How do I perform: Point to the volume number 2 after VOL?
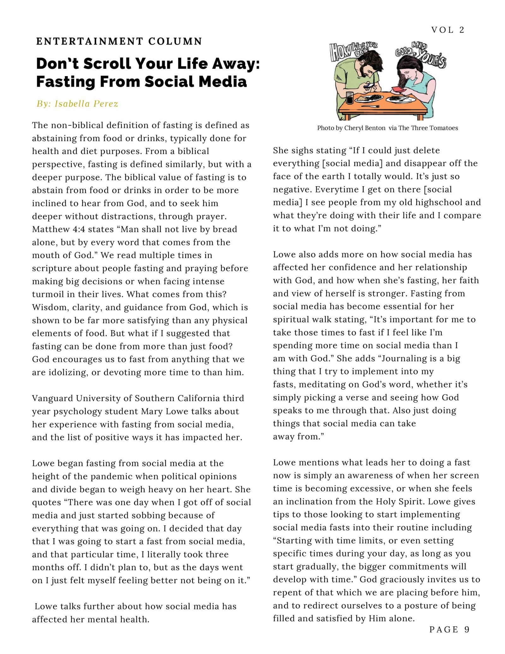pyautogui.click(x=462, y=30)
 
